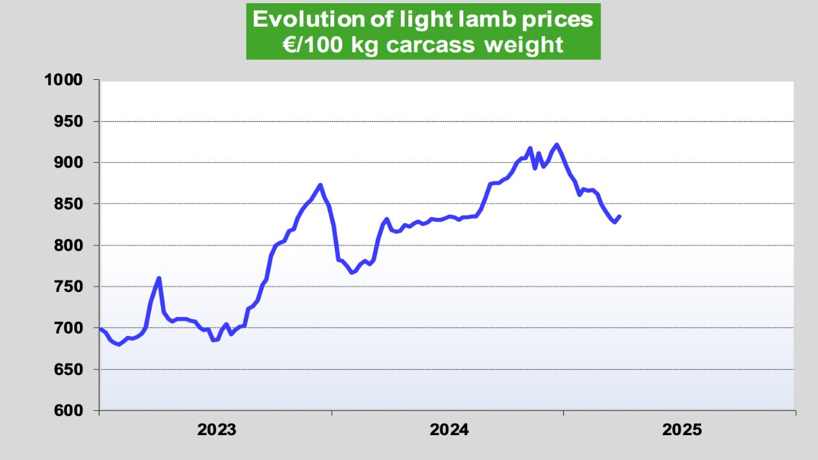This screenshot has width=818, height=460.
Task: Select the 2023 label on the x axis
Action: (217, 430)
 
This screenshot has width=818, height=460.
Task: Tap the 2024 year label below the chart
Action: (449, 430)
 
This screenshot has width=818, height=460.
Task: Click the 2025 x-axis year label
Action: (682, 430)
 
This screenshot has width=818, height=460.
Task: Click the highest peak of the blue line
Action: (557, 144)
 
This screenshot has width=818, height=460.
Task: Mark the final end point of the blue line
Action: (620, 216)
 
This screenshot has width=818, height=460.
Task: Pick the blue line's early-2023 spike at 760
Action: (158, 278)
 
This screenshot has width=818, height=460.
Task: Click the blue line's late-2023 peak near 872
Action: (320, 185)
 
